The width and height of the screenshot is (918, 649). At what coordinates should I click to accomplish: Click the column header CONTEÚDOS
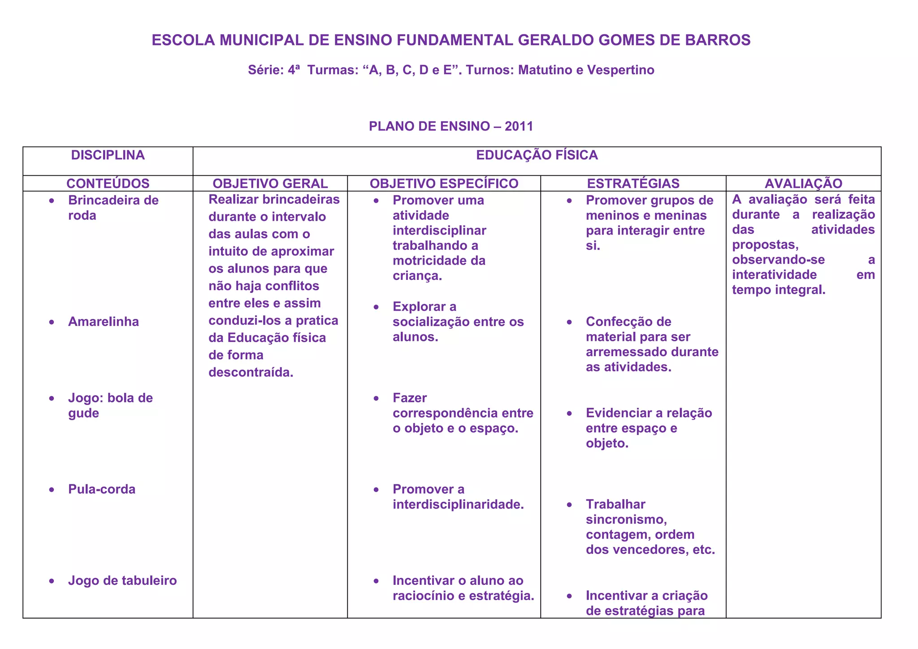(108, 183)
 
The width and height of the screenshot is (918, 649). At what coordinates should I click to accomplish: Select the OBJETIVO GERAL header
(270, 183)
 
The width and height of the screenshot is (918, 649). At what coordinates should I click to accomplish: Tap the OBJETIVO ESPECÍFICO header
(444, 183)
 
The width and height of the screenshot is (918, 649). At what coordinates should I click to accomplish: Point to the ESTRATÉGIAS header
(633, 183)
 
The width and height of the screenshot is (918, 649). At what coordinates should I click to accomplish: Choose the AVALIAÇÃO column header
(803, 183)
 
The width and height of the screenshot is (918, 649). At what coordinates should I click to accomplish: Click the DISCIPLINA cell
(108, 155)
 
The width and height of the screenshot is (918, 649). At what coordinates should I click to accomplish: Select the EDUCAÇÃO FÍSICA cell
(537, 155)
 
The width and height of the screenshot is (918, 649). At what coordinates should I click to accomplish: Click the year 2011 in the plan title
(519, 126)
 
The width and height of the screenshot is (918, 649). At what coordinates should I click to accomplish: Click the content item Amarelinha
(104, 322)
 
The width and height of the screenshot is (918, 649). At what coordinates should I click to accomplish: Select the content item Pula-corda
(102, 489)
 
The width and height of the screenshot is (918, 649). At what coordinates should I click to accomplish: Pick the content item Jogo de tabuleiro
(122, 580)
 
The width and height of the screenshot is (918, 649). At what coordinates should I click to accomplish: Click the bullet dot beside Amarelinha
(52, 322)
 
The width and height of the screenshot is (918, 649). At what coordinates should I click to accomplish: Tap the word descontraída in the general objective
(251, 372)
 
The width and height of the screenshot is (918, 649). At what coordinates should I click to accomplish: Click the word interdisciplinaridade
(458, 504)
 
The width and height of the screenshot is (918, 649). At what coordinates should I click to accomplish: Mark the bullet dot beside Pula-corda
(52, 490)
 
